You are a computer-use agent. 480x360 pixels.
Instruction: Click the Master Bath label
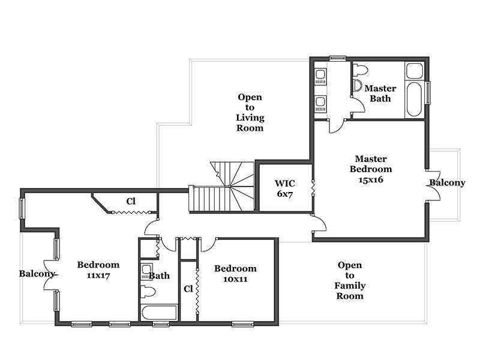pos(380,94)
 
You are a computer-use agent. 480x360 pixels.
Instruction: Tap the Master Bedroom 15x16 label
pos(371,169)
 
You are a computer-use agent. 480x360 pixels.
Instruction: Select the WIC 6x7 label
pos(284,188)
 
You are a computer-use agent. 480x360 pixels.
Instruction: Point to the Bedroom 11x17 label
pos(98,269)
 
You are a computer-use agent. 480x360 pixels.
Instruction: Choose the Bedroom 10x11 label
pos(235,274)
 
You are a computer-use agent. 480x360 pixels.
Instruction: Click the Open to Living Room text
pos(250,112)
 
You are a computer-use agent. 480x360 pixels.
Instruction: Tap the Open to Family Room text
pos(350,280)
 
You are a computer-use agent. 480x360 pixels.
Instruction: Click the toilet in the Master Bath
pos(360,70)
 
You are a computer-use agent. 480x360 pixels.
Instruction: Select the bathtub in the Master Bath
pos(415,99)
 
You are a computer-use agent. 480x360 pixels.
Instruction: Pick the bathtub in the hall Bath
pos(159,312)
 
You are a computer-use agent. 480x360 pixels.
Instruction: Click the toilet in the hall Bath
pos(148,292)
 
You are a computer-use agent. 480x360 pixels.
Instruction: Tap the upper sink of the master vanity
pos(320,76)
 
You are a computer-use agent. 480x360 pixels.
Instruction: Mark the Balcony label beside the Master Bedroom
pos(447,183)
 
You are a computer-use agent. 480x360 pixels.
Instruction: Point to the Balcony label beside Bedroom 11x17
pos(37,274)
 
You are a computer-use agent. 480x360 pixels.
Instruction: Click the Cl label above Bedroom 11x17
pos(131,201)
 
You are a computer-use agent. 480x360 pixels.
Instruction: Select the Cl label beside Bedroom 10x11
pos(188,289)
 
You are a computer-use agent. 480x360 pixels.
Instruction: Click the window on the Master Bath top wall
pos(337,58)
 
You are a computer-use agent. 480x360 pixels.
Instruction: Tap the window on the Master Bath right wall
pos(428,92)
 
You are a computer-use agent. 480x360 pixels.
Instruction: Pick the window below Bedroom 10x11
pos(243,324)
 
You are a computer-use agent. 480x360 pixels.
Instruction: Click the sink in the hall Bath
pos(146,272)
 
